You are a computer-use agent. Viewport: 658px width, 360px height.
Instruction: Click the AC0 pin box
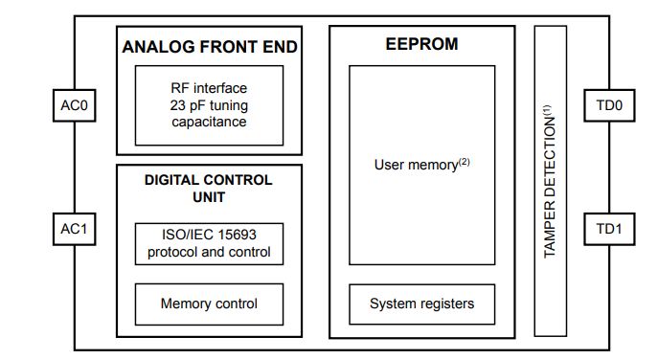pos(74,106)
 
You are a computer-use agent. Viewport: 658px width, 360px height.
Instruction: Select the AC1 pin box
pos(74,230)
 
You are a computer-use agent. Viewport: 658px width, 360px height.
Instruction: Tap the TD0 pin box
pos(607,106)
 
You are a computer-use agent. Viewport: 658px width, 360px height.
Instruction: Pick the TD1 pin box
pos(607,230)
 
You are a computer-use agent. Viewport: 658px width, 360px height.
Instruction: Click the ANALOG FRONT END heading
pos(209,46)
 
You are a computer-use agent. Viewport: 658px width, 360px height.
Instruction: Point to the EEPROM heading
pos(421,44)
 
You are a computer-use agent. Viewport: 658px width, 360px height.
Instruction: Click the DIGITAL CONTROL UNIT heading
pos(208,188)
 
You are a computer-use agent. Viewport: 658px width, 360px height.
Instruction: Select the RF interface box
pos(209,104)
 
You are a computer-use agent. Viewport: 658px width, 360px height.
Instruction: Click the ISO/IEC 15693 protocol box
pos(209,244)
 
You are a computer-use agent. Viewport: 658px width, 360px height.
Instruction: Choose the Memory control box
pos(209,304)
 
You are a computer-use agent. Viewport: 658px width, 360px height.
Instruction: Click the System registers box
pos(421,304)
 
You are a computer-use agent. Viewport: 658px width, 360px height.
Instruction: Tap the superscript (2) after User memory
pos(464,161)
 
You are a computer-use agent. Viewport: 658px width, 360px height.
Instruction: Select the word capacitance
pos(209,122)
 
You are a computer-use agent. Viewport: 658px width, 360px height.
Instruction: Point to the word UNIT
pos(208,196)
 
